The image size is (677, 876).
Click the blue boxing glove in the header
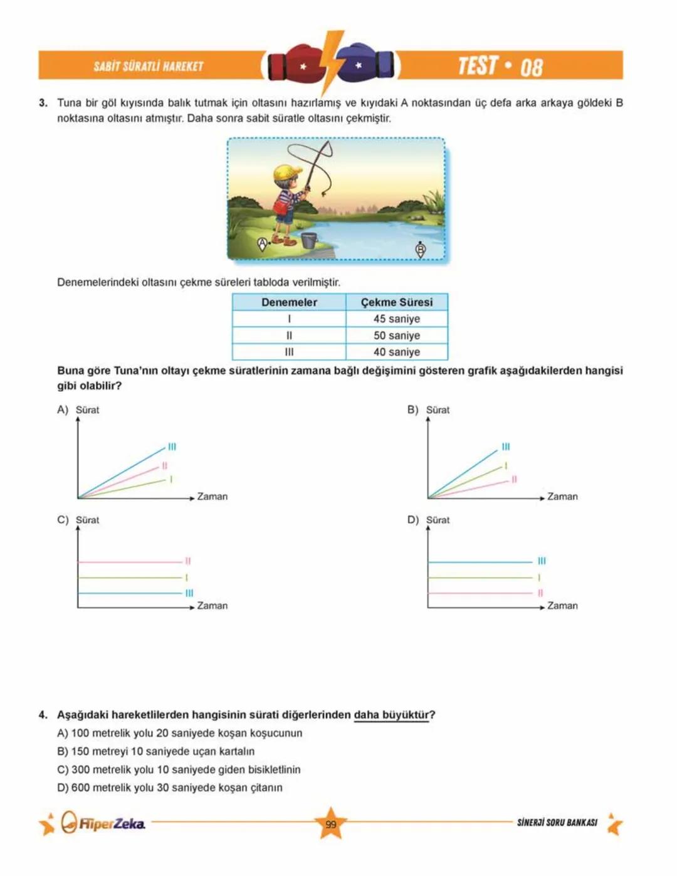366,63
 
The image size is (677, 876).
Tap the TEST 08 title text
500,66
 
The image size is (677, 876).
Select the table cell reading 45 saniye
397,319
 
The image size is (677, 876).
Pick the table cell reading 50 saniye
397,335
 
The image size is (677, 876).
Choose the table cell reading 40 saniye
397,352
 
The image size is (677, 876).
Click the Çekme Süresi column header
397,302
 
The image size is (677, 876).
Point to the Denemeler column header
289,302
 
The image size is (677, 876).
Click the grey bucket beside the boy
308,240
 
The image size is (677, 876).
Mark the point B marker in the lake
421,249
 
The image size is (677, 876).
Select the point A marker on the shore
263,243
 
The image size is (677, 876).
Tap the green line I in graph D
480,578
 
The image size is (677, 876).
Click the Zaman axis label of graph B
562,497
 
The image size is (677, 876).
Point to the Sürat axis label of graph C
87,520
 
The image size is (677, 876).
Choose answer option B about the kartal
156,751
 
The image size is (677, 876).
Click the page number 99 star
331,824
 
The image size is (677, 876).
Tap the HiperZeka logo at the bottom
104,823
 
